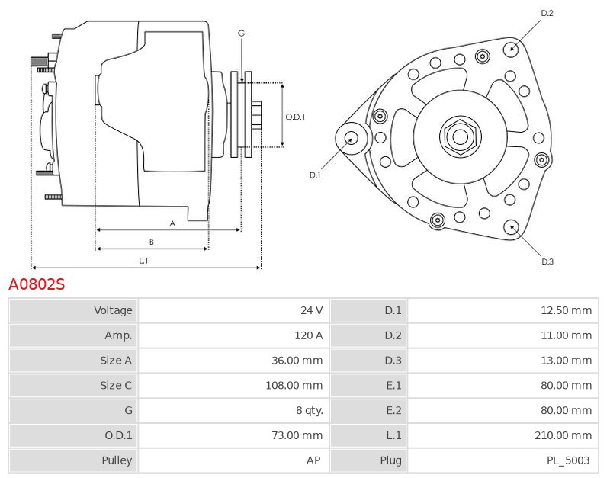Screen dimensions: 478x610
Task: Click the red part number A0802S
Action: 37,284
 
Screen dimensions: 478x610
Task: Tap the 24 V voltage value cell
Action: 311,310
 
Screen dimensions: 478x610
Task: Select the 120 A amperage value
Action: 308,335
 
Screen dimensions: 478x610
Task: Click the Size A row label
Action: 116,361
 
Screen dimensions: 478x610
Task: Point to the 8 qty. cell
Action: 308,411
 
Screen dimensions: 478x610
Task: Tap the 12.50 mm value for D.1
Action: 567,310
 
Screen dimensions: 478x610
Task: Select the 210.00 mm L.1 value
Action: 563,436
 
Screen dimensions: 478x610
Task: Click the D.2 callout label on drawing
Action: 547,13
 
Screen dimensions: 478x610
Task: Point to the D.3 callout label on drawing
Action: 547,261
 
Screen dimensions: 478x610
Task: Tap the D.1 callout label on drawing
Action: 315,175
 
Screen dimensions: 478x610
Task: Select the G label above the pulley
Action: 241,34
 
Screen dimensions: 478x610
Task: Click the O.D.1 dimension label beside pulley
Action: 295,117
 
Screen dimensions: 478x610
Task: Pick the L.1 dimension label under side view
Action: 143,260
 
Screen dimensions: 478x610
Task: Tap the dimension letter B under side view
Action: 152,242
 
